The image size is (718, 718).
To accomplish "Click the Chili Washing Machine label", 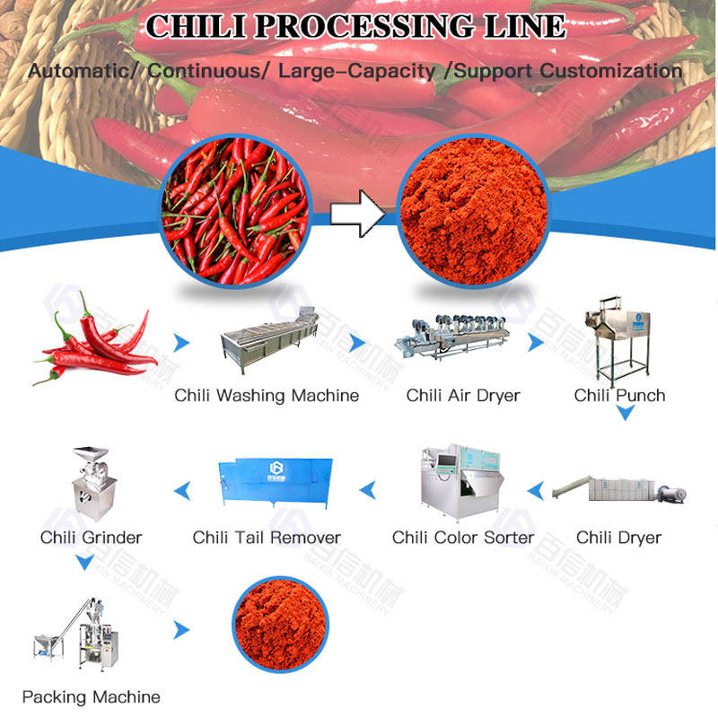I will (x=267, y=395).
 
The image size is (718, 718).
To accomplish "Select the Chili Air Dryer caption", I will (x=463, y=395).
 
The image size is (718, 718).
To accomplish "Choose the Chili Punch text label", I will (x=619, y=395).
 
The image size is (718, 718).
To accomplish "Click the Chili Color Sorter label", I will (x=463, y=538).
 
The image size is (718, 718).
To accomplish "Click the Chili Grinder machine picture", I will (x=92, y=485).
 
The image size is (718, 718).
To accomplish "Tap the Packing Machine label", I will (x=92, y=696).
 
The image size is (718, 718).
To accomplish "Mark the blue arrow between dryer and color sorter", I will (x=536, y=490).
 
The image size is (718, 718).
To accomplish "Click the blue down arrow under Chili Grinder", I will (x=84, y=563).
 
